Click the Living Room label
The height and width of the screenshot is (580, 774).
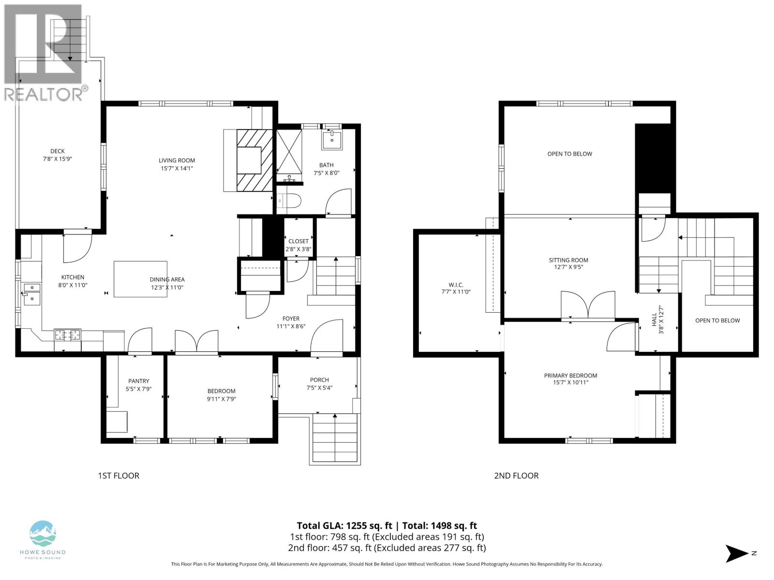pos(177,160)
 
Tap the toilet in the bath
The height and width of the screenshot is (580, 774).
pos(289,200)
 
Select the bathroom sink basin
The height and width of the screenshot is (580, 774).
pos(332,140)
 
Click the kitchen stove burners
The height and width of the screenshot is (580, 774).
pos(67,334)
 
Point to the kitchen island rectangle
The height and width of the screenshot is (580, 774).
pos(140,279)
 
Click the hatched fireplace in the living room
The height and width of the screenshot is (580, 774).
pos(255,160)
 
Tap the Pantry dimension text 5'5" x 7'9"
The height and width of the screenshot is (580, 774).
pos(139,389)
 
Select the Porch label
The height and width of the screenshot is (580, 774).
pos(319,380)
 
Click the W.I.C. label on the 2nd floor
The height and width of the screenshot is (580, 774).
pos(456,285)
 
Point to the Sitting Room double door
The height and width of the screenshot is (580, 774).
pos(588,305)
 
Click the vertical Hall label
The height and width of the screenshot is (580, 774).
pos(655,319)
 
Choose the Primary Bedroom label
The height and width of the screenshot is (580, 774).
pos(570,376)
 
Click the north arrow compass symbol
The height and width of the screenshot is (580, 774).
pos(736,553)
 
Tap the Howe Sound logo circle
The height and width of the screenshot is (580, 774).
pos(43,534)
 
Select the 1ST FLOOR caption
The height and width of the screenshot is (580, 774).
pos(119,476)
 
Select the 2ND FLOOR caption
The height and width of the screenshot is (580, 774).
pos(516,476)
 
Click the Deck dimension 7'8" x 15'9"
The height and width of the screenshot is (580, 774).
pos(58,159)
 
